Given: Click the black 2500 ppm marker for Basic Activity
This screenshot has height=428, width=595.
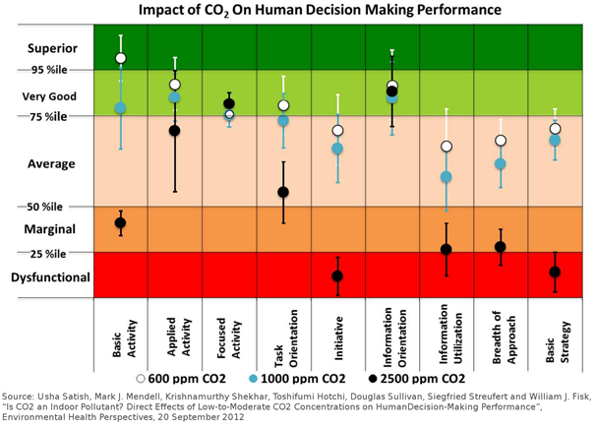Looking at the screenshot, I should [x=120, y=223].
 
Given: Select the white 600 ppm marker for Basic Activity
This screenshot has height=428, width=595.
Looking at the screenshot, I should [x=120, y=58].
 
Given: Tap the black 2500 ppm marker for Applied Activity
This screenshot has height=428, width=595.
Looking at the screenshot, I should [x=175, y=130].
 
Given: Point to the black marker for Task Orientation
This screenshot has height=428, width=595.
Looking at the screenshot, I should [x=283, y=192].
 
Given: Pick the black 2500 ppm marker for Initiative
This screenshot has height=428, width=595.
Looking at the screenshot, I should [x=337, y=275].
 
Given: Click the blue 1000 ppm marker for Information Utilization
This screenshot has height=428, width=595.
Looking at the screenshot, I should [x=446, y=177].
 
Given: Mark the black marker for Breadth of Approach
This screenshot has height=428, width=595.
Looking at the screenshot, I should [x=501, y=247].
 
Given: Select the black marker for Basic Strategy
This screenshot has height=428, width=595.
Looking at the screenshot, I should [x=555, y=272].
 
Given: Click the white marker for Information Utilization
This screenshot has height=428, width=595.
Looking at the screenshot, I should [x=446, y=147].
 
